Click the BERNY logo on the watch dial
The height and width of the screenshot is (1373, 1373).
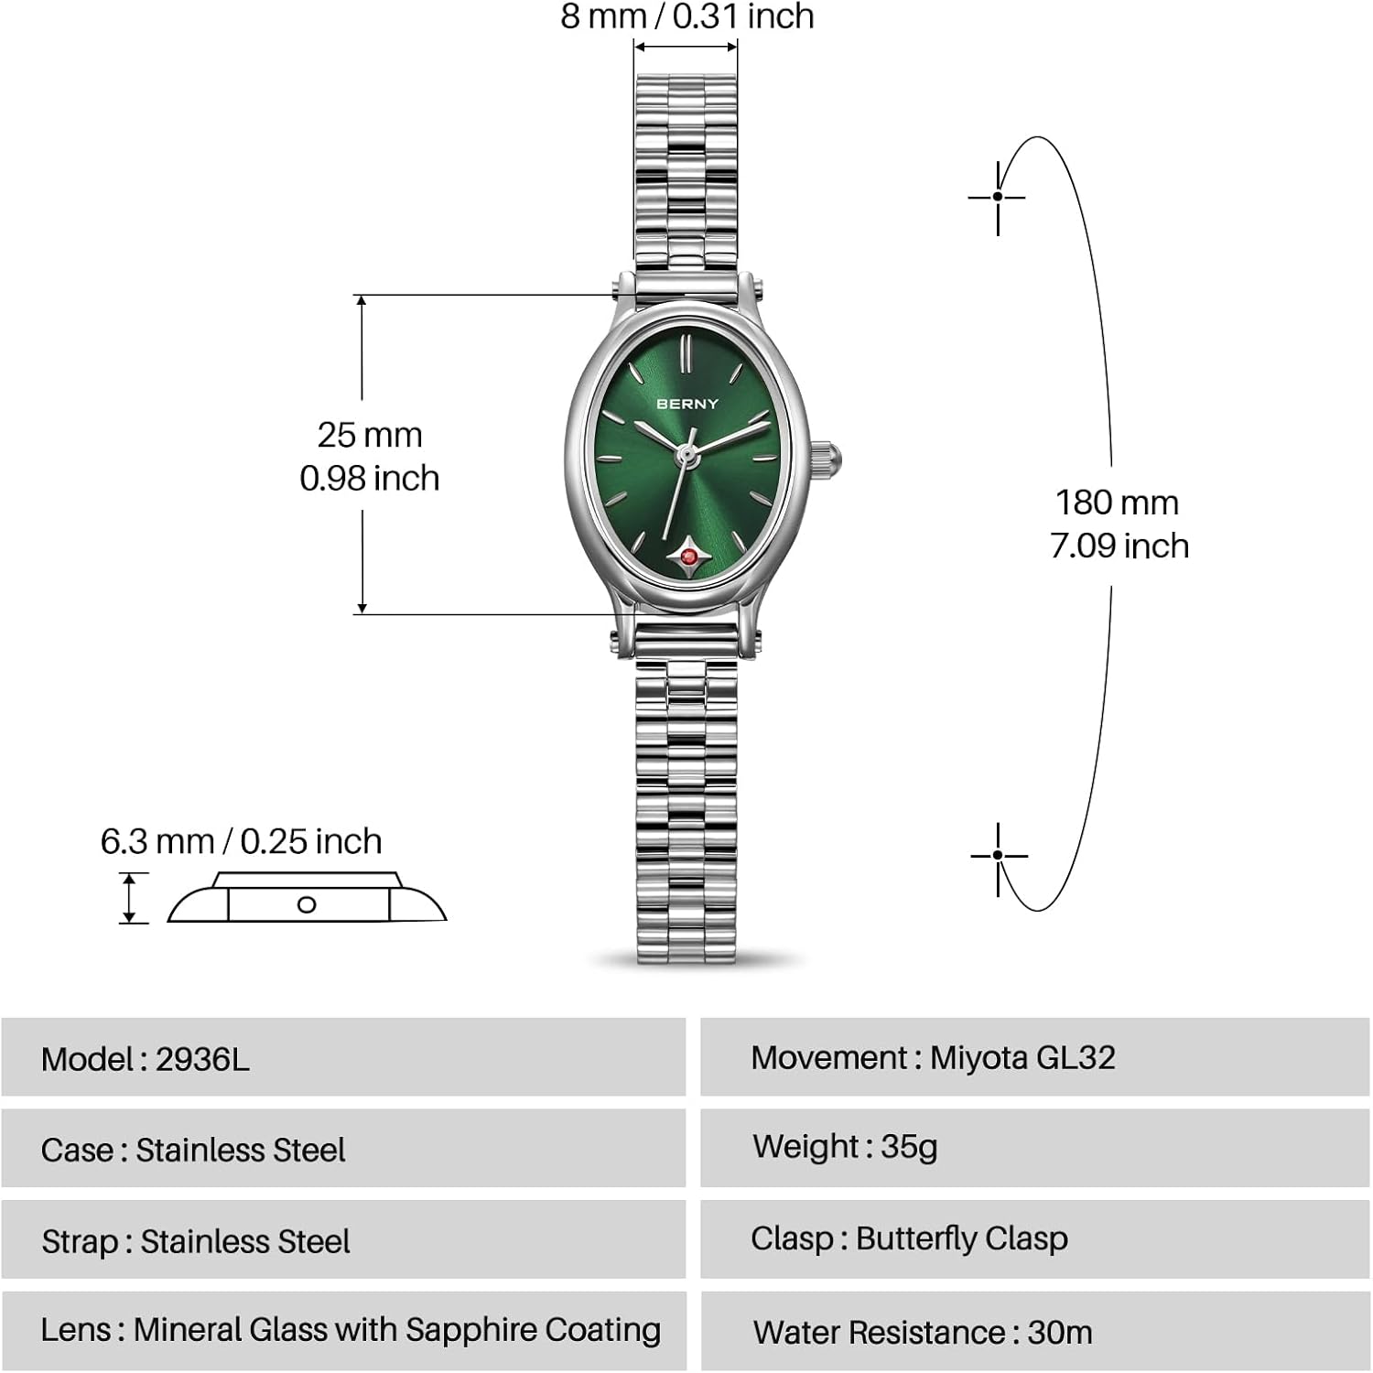point(687,404)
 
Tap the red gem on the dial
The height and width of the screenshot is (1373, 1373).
point(687,556)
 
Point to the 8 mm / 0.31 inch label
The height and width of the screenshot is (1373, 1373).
point(687,16)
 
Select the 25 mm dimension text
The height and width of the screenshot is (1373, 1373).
point(370,435)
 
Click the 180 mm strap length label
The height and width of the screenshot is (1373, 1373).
point(1117,503)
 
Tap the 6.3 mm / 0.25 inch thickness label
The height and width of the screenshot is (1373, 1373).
point(241,841)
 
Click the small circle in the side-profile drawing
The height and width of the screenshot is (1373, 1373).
point(307,904)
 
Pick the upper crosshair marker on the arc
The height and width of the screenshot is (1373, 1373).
point(997,197)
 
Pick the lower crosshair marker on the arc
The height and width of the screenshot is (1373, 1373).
point(998,856)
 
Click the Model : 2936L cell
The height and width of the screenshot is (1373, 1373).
point(343,1057)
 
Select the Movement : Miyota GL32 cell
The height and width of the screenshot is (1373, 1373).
point(1035,1057)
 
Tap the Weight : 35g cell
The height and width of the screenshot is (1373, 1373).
point(1035,1148)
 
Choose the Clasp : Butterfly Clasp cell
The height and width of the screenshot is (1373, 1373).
point(1035,1239)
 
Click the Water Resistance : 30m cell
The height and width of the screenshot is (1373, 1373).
point(1035,1332)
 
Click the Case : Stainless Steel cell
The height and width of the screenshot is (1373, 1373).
point(343,1148)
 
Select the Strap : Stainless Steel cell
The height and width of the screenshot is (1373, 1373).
point(343,1239)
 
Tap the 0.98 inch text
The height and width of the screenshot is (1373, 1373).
point(370,478)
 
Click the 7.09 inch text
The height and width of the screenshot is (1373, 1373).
point(1119,546)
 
